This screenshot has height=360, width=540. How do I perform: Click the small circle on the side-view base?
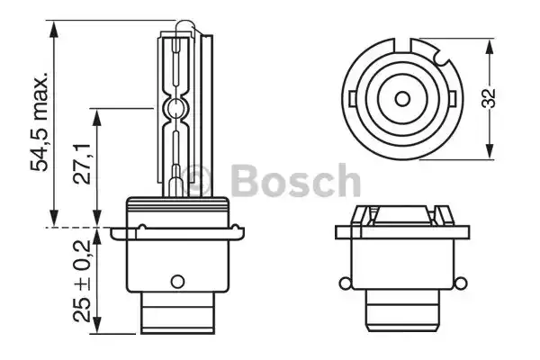pos(177,278)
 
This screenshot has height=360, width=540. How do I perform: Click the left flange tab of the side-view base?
pos(115,233)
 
